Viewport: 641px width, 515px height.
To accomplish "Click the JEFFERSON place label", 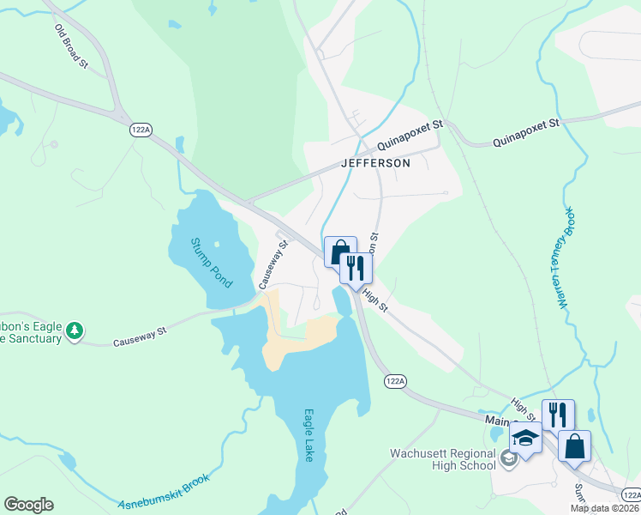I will tap(376, 162).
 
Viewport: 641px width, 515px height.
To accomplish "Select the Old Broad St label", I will tap(71, 45).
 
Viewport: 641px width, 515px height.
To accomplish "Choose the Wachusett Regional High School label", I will tap(444, 458).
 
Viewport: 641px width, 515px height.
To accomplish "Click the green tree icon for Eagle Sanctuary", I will tap(75, 330).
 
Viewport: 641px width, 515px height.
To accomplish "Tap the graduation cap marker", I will tap(526, 439).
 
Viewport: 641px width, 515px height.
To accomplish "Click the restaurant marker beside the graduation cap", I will tap(558, 415).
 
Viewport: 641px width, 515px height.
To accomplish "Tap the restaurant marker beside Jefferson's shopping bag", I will tap(356, 268).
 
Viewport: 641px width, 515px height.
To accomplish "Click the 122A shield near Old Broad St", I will tap(141, 129).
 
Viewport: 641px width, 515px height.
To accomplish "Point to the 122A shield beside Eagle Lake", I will tap(394, 380).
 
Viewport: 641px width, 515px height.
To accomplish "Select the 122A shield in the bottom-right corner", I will tap(630, 494).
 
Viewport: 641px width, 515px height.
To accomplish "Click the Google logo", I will tap(28, 505).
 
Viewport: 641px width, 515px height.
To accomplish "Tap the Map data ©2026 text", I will tap(605, 508).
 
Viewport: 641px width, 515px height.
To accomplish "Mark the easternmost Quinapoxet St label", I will tap(525, 124).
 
